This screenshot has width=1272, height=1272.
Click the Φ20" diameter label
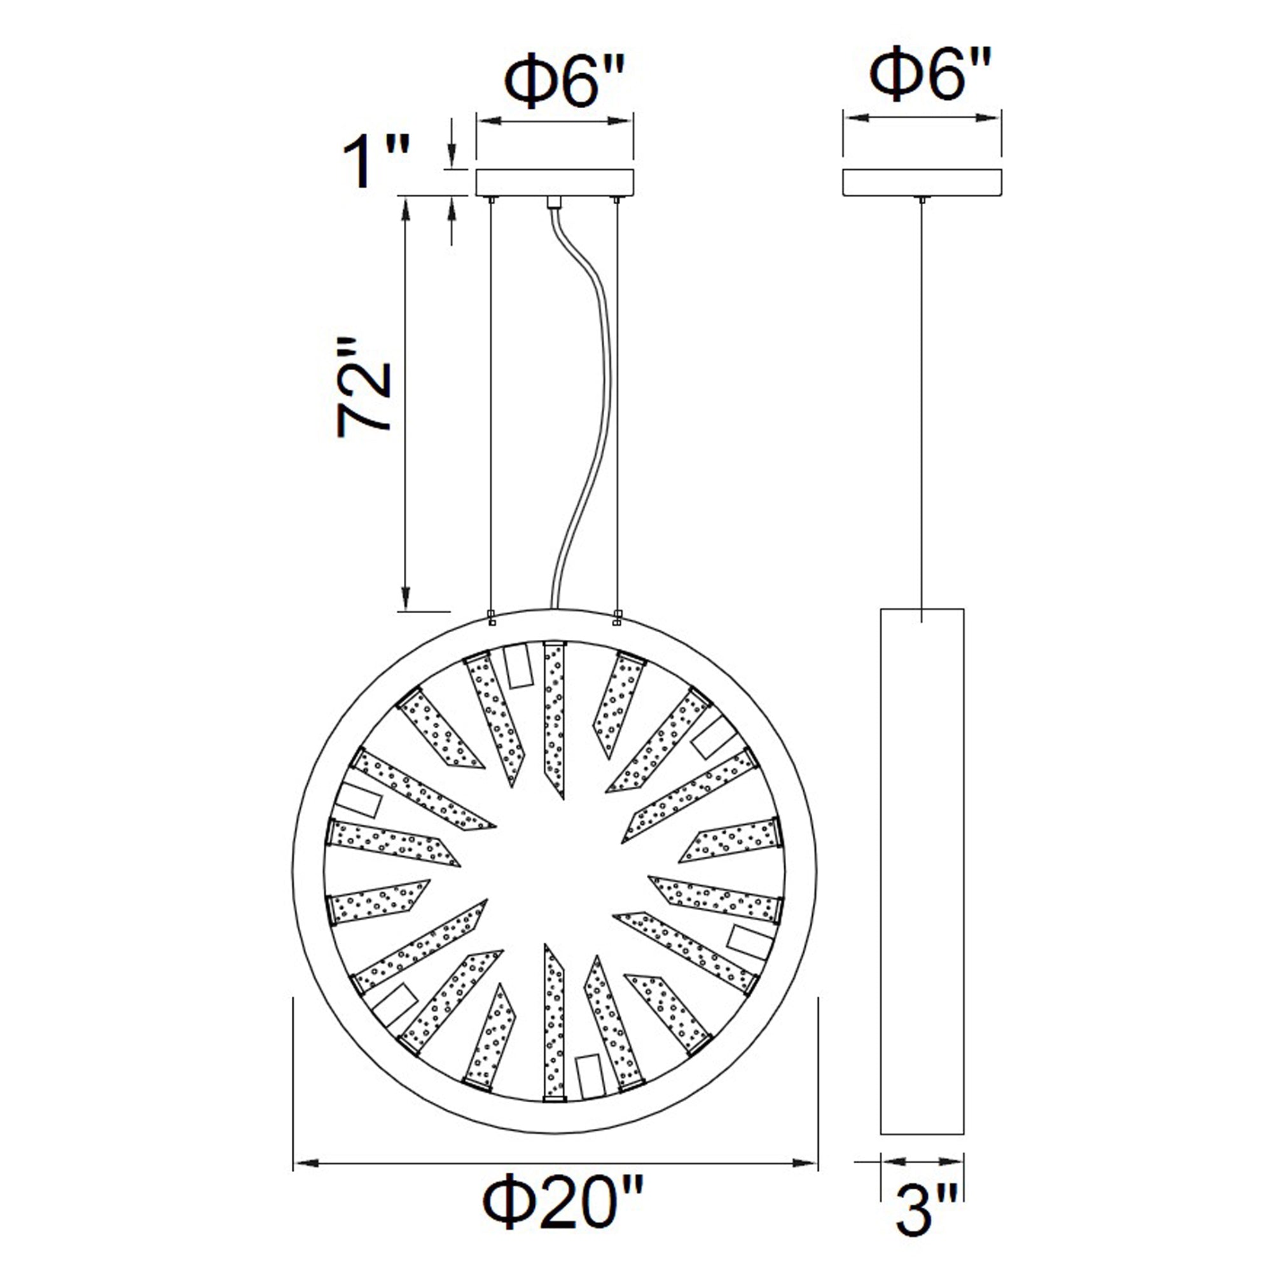(563, 1212)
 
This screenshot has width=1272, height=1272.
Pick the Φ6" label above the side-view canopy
(930, 74)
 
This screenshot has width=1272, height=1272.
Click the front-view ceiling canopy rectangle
(555, 183)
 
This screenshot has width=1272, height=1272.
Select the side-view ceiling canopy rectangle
(922, 183)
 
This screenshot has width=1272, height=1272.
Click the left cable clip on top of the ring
(490, 617)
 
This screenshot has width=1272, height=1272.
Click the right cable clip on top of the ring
(617, 617)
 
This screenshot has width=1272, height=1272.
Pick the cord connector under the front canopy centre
(554, 202)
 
